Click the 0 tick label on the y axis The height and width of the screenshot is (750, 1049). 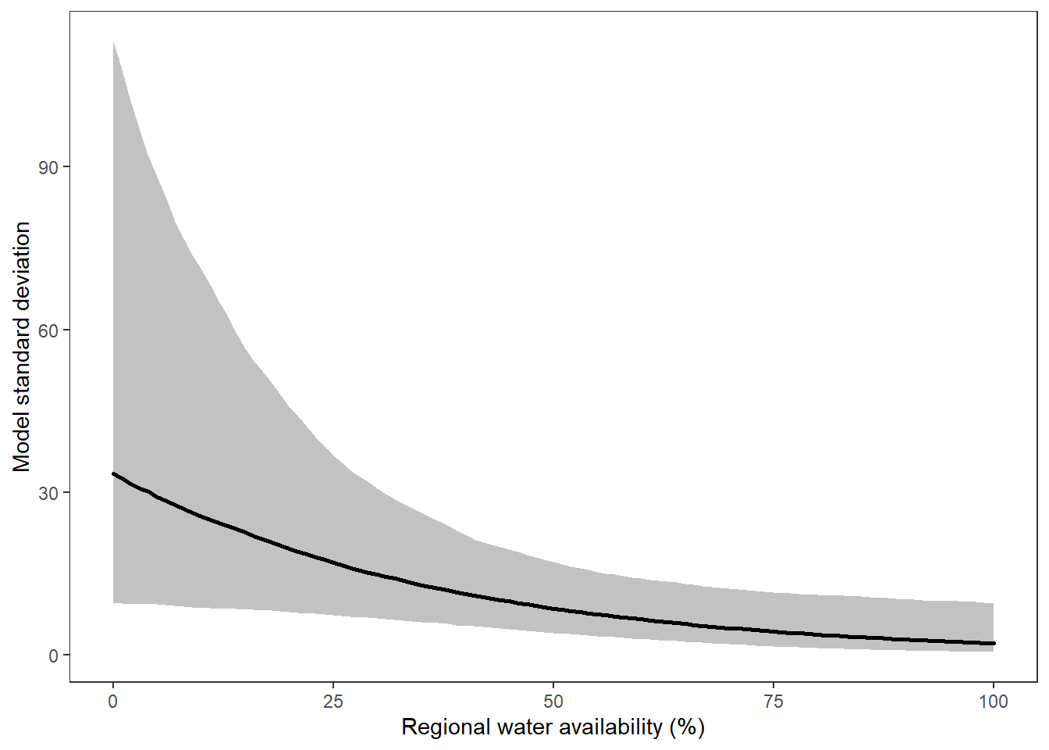coord(54,655)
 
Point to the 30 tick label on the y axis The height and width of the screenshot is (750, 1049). coord(48,493)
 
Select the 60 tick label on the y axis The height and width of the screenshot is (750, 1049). coord(48,330)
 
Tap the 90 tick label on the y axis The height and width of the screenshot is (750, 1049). coord(48,167)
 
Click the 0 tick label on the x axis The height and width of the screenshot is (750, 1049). coord(113,702)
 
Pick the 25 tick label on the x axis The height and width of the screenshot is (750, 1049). coord(333,702)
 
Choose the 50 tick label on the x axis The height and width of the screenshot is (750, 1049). coord(553,702)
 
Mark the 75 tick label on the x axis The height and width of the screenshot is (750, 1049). coord(773,702)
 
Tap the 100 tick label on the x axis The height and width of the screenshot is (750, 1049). coord(993,702)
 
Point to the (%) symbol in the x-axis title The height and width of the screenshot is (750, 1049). coord(687,727)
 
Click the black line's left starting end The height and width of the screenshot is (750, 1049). coord(114,473)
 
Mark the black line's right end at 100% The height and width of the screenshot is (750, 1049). coord(994,643)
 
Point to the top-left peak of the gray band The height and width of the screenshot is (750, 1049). coord(114,42)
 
